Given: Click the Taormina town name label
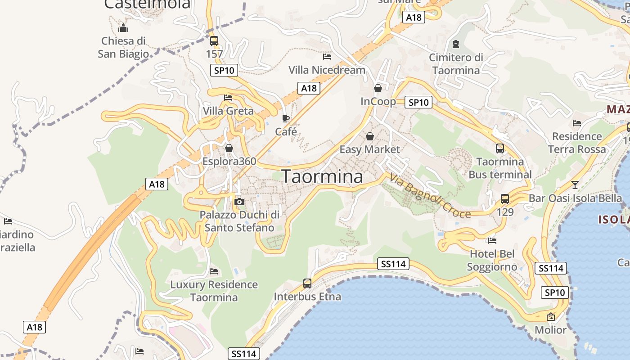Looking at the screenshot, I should click(x=322, y=176).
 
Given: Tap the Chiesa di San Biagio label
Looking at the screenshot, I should click(x=123, y=47).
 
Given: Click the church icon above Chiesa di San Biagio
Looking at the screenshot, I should click(x=123, y=28).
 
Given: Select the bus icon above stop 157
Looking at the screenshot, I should click(x=214, y=41).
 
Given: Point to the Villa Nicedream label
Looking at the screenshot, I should click(x=327, y=70).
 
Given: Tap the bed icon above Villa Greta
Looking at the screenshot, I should click(x=228, y=97).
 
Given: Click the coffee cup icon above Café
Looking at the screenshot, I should click(x=286, y=118).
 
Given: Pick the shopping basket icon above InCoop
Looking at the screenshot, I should click(x=378, y=88).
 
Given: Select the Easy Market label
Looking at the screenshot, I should click(x=369, y=149).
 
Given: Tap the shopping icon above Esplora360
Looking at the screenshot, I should click(x=229, y=148).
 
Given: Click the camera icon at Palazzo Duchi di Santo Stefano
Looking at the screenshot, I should click(x=239, y=202).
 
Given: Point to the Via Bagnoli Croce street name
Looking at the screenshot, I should click(x=430, y=196).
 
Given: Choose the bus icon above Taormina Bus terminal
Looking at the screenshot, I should click(x=500, y=148).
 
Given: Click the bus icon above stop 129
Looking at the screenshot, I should click(x=505, y=198).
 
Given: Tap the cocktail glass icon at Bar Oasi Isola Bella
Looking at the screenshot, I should click(x=575, y=184).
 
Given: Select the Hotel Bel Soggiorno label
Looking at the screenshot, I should click(x=492, y=261).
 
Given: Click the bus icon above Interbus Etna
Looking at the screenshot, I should click(x=307, y=283).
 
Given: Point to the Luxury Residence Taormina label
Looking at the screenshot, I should click(x=214, y=291).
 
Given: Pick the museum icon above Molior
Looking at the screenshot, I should click(x=550, y=317).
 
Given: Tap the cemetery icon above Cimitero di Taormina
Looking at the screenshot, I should click(x=456, y=44).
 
